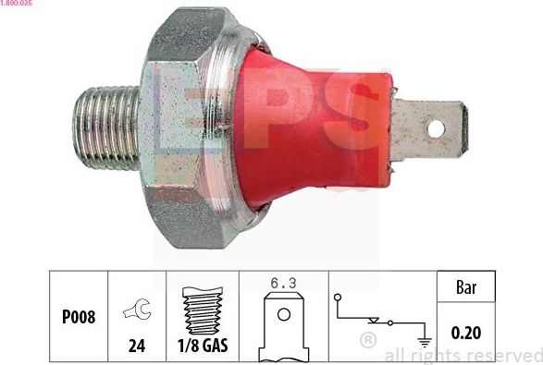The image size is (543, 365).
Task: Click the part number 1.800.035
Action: point(19,5)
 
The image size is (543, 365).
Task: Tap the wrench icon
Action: point(136,312)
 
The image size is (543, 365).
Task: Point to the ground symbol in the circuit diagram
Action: point(425,338)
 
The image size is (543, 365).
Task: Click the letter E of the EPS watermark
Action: point(185,102)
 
